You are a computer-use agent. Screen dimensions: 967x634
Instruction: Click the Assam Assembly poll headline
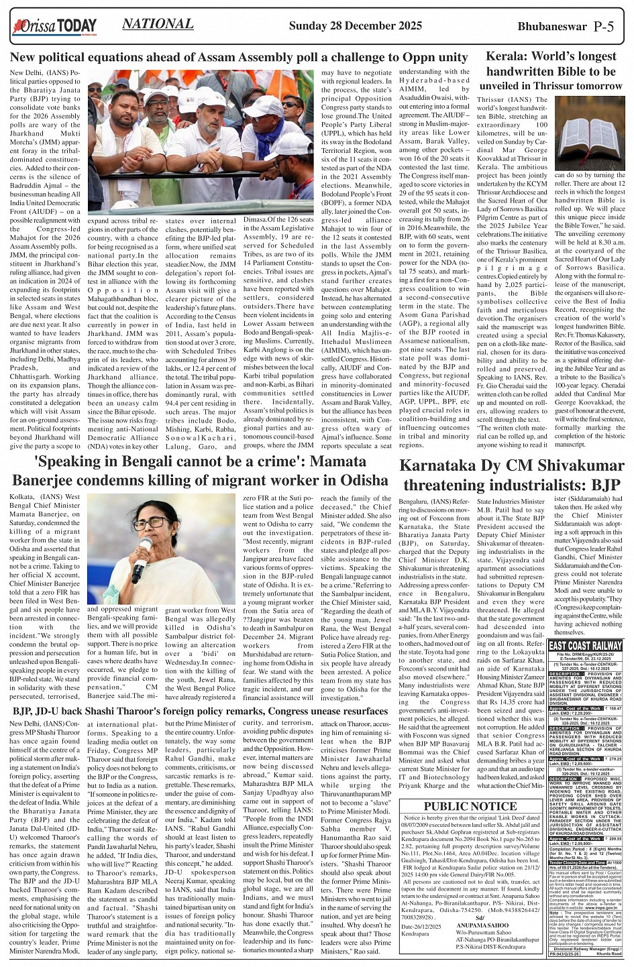(x=239, y=58)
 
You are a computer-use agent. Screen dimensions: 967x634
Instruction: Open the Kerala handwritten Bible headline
(x=550, y=71)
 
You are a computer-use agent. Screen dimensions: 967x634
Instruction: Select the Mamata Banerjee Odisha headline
(x=200, y=471)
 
